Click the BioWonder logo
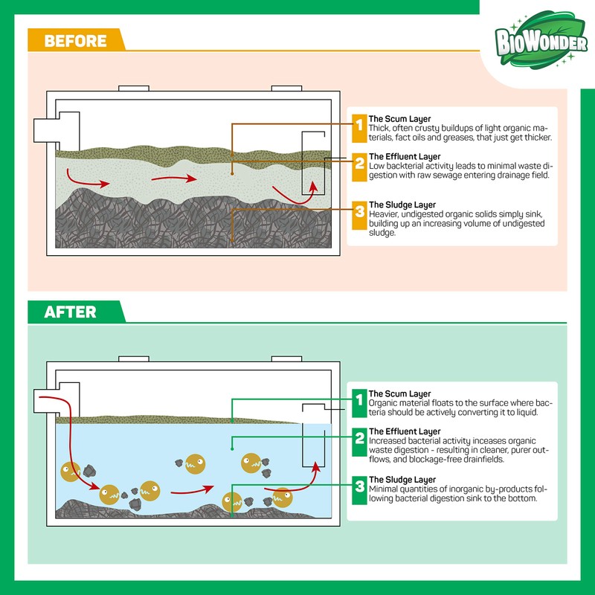pyautogui.click(x=541, y=39)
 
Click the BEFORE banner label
pyautogui.click(x=76, y=41)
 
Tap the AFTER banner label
pyautogui.click(x=70, y=312)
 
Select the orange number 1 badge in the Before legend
pyautogui.click(x=359, y=129)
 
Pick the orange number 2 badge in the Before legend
pyautogui.click(x=359, y=167)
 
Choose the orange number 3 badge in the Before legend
pyautogui.click(x=359, y=215)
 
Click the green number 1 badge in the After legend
pyautogui.click(x=359, y=403)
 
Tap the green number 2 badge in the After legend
pyautogui.click(x=359, y=442)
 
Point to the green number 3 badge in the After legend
pyautogui.click(x=359, y=490)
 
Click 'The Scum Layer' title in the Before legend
pyautogui.click(x=399, y=119)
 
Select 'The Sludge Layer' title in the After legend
pyautogui.click(x=402, y=480)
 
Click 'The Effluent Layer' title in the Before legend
pyautogui.click(x=405, y=157)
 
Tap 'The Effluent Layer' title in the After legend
pyautogui.click(x=405, y=432)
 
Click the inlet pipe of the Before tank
pyautogui.click(x=47, y=131)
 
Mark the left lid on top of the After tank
pyautogui.click(x=134, y=359)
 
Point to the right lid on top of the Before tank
pyautogui.click(x=286, y=89)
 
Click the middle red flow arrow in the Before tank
pyautogui.click(x=174, y=178)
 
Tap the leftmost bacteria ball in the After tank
pyautogui.click(x=71, y=472)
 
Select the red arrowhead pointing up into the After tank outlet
pyautogui.click(x=316, y=466)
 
